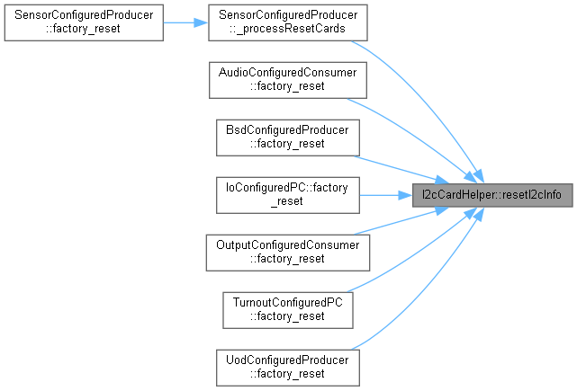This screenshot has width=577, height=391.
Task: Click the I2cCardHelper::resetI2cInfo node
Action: point(492,194)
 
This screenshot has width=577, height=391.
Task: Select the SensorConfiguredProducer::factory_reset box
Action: point(83,22)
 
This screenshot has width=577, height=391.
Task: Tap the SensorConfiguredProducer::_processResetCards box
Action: point(287,22)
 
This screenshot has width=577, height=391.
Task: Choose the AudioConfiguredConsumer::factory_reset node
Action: point(287,80)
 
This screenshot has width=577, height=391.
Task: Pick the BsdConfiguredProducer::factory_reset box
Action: point(287,137)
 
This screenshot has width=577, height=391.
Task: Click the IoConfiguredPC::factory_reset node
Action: point(287,194)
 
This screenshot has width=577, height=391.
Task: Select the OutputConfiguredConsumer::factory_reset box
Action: point(287,252)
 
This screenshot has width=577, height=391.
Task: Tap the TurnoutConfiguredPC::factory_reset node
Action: point(287,308)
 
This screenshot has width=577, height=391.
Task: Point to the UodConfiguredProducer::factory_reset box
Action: point(287,366)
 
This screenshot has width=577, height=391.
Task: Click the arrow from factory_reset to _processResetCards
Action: point(185,22)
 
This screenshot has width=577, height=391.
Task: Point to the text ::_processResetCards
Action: point(287,30)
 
